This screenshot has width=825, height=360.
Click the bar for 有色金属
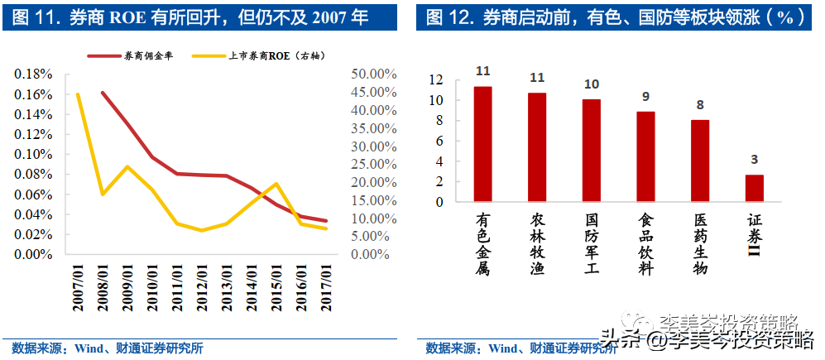tap(482, 144)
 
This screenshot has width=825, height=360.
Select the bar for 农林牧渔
tap(537, 146)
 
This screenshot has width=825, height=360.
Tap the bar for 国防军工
tap(592, 150)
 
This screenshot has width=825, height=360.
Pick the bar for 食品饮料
tap(645, 156)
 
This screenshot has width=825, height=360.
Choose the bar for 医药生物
tap(700, 161)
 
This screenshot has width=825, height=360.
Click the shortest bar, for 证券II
tap(754, 188)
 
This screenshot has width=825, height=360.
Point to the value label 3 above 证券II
tap(754, 159)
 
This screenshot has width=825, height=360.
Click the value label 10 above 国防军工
tap(592, 84)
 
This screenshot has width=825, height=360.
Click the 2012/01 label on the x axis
tap(203, 288)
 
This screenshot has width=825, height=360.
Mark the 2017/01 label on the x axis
tap(329, 288)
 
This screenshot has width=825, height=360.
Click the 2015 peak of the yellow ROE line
tap(276, 184)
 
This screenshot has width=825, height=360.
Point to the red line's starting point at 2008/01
tap(103, 93)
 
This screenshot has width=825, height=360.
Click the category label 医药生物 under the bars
tap(700, 244)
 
